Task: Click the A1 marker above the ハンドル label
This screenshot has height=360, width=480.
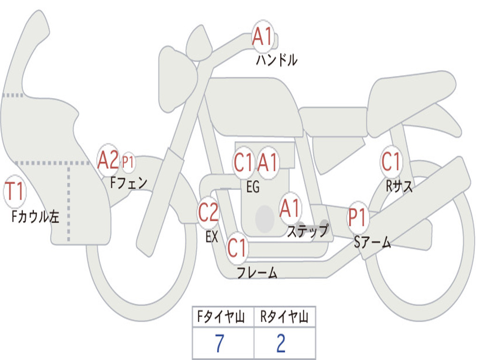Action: (262, 36)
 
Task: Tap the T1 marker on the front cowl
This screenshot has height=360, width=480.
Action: (15, 191)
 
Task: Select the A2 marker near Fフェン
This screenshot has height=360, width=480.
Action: (108, 160)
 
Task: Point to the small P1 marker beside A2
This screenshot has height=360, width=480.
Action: (128, 162)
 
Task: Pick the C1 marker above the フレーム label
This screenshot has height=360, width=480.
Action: (237, 247)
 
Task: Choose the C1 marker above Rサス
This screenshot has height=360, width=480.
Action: (391, 161)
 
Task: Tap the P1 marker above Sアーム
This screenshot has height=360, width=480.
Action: (357, 217)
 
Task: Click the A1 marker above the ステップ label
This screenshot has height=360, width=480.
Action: (289, 208)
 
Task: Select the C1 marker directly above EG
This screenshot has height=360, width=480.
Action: (244, 162)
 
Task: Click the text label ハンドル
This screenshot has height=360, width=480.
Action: (277, 60)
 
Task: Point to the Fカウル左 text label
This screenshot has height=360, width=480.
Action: (35, 217)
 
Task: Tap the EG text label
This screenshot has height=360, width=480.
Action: (253, 187)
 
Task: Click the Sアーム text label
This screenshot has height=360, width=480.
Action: (373, 242)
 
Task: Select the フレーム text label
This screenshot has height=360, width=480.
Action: (257, 272)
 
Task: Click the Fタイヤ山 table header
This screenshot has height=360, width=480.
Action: (221, 316)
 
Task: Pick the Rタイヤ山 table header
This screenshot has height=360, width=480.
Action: (285, 316)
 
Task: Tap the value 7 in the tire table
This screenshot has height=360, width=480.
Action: (219, 343)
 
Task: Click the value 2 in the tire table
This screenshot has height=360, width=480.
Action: (281, 343)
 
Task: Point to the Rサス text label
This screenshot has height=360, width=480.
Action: (399, 186)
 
